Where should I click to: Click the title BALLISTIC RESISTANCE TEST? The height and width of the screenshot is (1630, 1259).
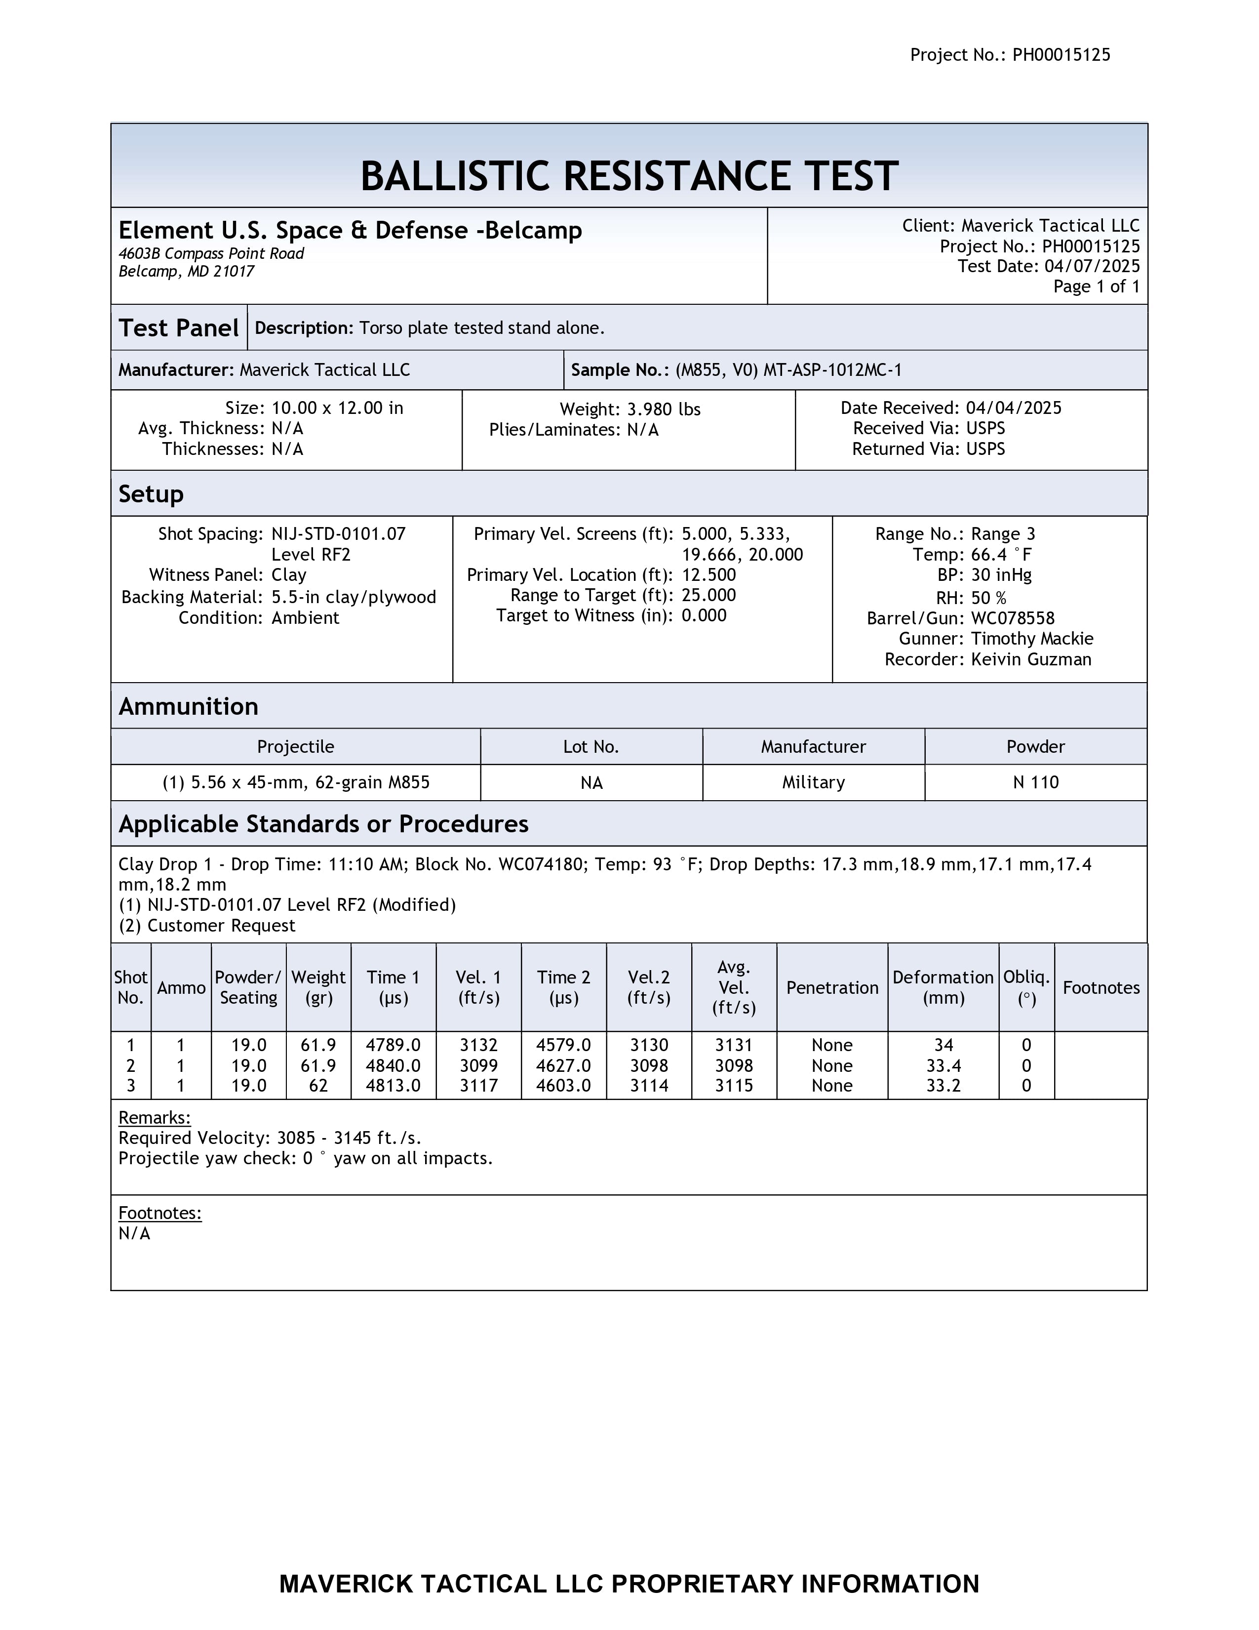tap(629, 176)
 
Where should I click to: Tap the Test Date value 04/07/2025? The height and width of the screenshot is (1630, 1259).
tap(1092, 266)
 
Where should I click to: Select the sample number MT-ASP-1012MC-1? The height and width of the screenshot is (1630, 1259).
tap(832, 370)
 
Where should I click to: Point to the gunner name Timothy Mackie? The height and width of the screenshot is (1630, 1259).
tap(1031, 639)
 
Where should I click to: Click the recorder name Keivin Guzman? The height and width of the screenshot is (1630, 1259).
tap(1031, 660)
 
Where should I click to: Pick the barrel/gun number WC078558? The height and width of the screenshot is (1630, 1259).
tap(1012, 619)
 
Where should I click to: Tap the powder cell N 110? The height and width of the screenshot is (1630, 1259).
tap(1035, 782)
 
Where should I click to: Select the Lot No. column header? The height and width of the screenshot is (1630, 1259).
tap(590, 747)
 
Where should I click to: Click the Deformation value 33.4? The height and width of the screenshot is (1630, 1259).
tap(943, 1066)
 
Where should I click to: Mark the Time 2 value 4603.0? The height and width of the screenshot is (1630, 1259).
tap(563, 1086)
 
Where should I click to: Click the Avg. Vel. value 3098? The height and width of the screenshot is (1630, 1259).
tap(734, 1066)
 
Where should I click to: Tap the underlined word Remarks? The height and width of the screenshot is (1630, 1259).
tap(155, 1117)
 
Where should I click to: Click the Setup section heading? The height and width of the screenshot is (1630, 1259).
tap(151, 494)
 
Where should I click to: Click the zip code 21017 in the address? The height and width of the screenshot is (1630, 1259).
tap(234, 272)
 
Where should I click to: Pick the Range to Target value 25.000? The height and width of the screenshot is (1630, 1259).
tap(708, 596)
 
